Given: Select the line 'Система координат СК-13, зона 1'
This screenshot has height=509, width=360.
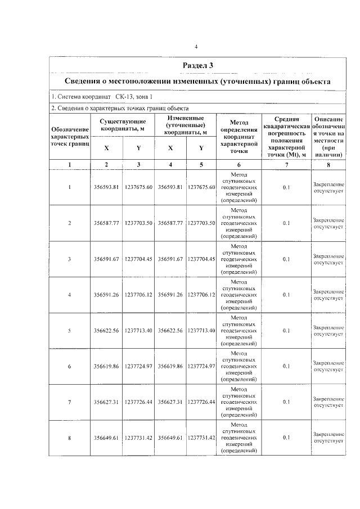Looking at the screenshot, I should click(102, 97).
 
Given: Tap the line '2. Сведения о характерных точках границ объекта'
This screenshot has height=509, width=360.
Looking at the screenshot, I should click(120, 108).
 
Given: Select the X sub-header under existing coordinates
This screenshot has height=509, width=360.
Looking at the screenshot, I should click(107, 148).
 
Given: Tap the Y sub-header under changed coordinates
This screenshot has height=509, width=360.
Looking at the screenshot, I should click(201, 148).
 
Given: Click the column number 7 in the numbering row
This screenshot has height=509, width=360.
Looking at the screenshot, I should click(286, 165).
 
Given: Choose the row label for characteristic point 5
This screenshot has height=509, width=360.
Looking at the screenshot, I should click(70, 330).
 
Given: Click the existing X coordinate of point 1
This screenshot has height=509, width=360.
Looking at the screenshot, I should click(107, 187).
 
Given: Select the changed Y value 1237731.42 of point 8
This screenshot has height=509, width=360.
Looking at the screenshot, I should click(201, 437).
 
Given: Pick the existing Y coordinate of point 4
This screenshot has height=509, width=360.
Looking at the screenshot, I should click(138, 295).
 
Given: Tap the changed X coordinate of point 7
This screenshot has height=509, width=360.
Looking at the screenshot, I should click(170, 402).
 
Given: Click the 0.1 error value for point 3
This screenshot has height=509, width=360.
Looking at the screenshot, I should click(286, 259).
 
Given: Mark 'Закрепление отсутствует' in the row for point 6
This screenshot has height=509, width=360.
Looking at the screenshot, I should click(328, 366).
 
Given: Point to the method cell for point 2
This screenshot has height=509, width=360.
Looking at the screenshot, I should click(239, 223).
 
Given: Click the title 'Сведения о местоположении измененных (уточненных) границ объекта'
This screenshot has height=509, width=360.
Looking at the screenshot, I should click(197, 82).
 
